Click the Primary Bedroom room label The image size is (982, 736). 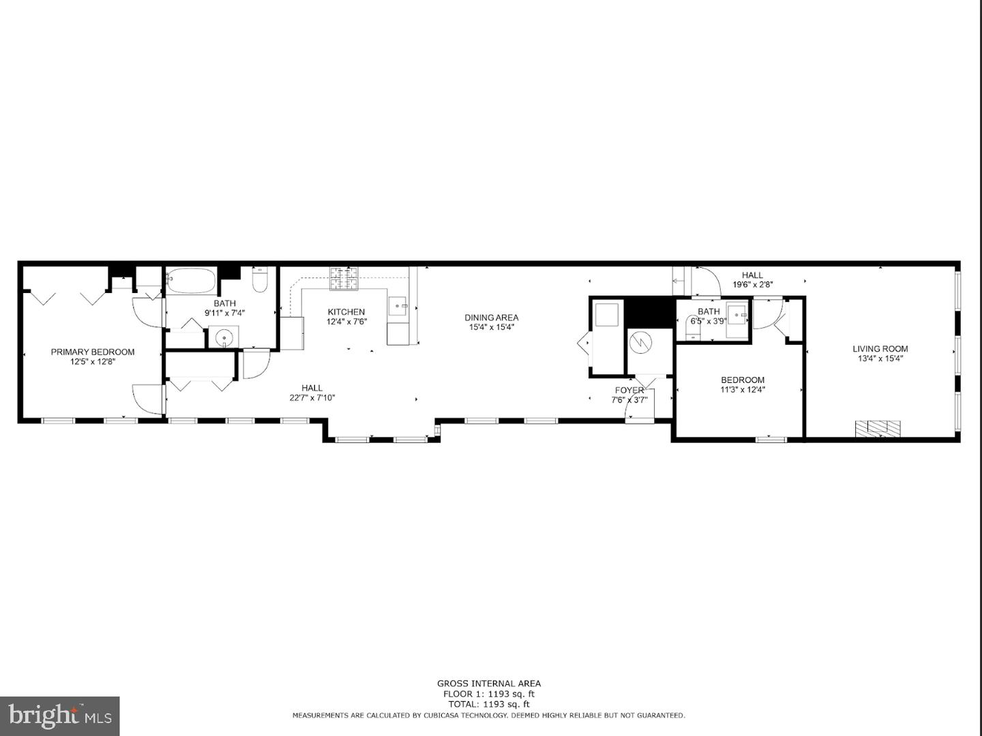click(x=93, y=352)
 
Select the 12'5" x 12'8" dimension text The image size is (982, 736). click(x=93, y=362)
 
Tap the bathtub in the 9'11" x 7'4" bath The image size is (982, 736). click(x=191, y=281)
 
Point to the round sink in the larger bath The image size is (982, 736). click(x=223, y=337)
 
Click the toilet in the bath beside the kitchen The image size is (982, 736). click(x=260, y=281)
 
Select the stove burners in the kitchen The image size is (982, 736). click(x=344, y=277)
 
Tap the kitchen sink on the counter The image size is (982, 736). click(x=398, y=306)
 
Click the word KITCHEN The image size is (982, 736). click(x=346, y=312)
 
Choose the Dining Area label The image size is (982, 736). click(x=491, y=318)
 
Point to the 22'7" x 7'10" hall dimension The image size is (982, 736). click(x=312, y=398)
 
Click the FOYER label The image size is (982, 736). click(x=629, y=390)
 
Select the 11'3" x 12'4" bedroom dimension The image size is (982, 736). click(x=743, y=390)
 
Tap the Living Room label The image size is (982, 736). click(x=880, y=349)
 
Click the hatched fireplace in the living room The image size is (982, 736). click(x=878, y=429)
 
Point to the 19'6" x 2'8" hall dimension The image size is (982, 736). click(x=752, y=285)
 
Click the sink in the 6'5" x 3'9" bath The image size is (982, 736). click(x=736, y=316)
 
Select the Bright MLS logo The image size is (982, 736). click(x=60, y=716)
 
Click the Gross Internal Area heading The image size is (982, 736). click(x=489, y=684)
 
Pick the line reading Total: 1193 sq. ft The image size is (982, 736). click(x=489, y=704)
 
